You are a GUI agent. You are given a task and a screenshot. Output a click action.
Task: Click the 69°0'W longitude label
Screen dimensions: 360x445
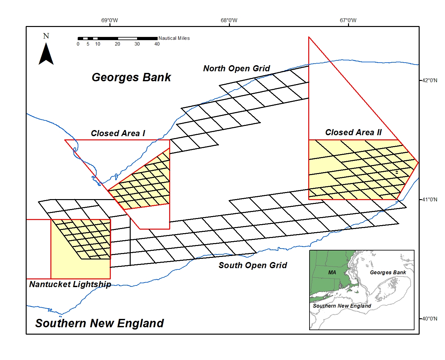(109, 21)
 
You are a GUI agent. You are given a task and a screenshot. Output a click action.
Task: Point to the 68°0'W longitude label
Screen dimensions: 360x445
(229, 21)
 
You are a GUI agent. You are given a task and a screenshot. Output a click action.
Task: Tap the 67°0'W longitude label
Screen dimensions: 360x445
(348, 21)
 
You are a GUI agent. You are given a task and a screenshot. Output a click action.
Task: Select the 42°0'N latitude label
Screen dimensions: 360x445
(430, 80)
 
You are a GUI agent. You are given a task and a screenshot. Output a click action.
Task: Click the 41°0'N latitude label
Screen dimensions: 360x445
(430, 199)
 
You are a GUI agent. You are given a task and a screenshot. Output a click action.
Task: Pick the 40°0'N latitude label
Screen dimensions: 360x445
(430, 319)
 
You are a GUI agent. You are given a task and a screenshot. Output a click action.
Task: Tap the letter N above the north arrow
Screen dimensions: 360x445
(46, 36)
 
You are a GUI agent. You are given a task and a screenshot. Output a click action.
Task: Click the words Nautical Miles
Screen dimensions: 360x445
(174, 38)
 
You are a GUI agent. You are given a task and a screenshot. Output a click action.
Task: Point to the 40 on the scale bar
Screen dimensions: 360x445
(157, 44)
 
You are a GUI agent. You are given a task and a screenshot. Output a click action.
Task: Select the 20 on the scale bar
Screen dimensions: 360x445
(118, 44)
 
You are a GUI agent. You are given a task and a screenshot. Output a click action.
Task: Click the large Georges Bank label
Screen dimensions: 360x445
(131, 77)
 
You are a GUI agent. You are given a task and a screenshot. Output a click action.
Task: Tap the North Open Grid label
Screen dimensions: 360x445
(237, 68)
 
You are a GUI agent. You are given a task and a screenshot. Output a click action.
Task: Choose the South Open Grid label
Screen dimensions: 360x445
(253, 265)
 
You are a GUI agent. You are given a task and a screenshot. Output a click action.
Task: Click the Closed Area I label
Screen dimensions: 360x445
(118, 133)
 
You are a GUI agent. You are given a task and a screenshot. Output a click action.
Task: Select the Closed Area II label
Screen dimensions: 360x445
(353, 132)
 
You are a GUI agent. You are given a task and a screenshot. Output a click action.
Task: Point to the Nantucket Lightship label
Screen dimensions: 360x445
(70, 284)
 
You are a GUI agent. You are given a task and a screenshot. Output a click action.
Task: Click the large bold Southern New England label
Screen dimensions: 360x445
(100, 323)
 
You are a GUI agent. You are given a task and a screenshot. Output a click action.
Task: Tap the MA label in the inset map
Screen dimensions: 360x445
(332, 272)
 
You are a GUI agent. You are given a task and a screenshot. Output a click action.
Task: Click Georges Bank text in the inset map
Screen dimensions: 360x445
(388, 272)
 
